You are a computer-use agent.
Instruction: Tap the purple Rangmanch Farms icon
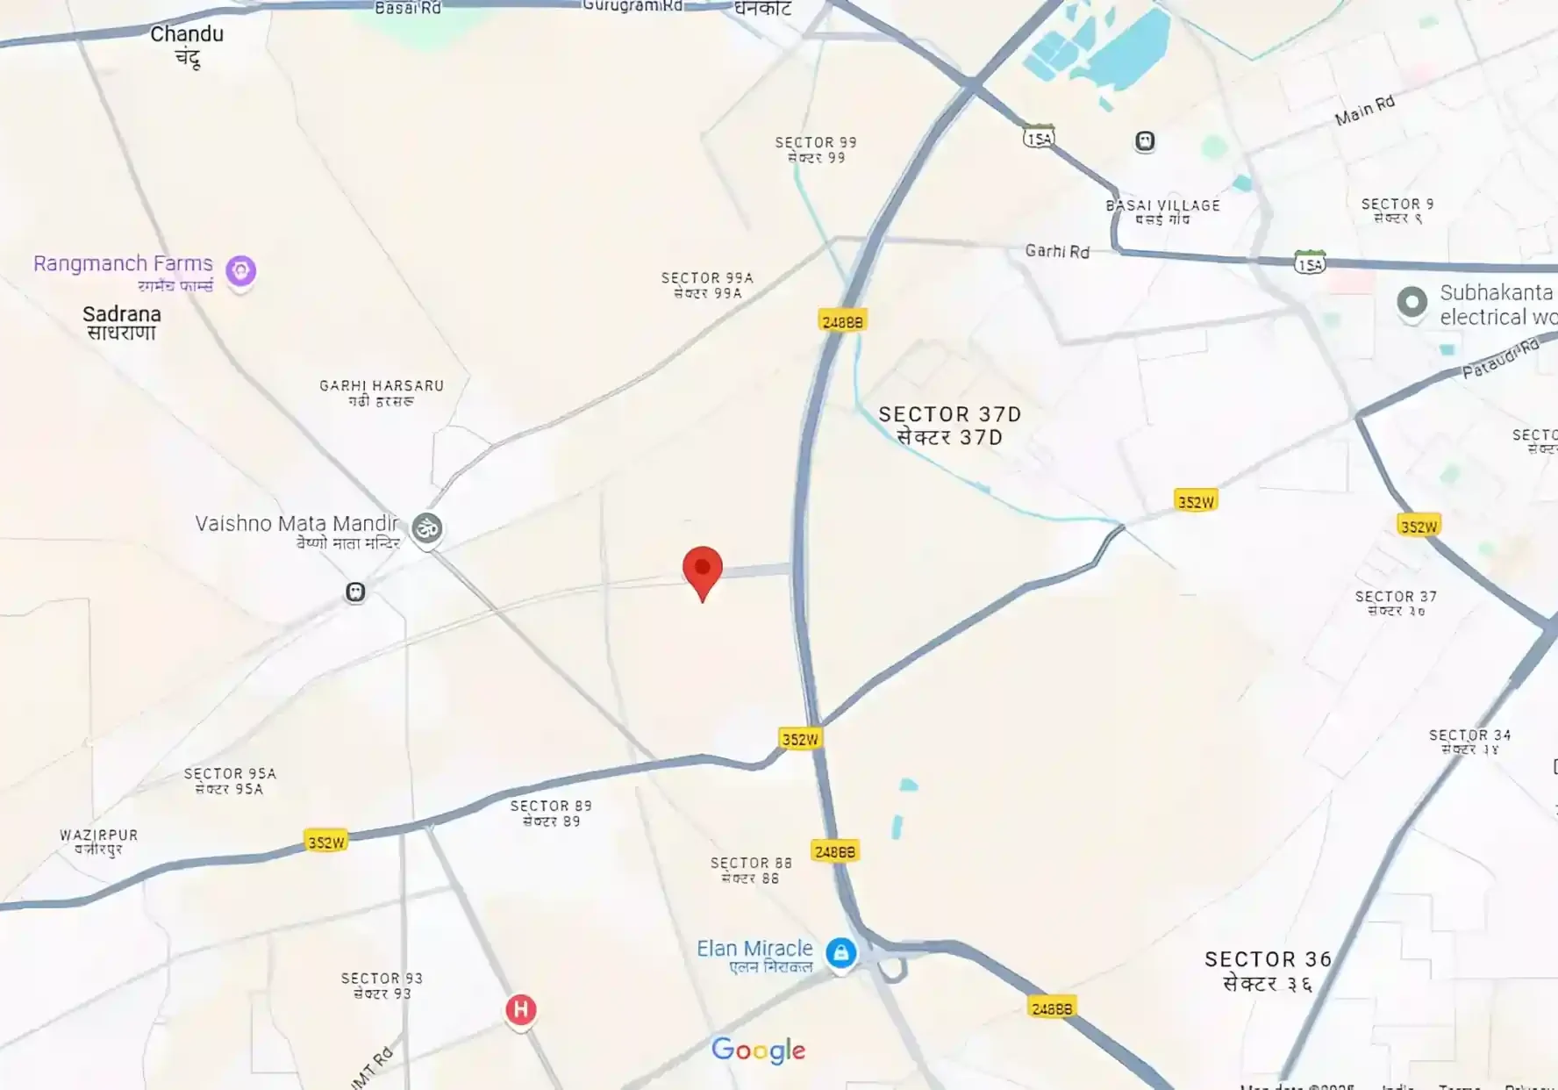240,271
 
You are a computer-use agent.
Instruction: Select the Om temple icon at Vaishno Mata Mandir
427,528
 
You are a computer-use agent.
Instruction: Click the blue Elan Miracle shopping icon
840,952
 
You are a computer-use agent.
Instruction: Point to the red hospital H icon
520,1010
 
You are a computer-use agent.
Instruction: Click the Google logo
758,1050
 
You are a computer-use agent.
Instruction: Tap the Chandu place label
187,35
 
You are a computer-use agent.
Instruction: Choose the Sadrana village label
122,314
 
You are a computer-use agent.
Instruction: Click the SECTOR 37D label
949,414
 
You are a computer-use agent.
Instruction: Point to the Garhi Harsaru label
382,386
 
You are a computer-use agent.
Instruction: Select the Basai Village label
1162,206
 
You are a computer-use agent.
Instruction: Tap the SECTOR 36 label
1268,960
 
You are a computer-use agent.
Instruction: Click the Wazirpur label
98,835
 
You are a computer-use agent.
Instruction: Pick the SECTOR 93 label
382,979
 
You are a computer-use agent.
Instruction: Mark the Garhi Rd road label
1057,252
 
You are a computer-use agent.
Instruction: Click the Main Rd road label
1364,111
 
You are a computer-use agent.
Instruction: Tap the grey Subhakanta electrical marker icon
1411,303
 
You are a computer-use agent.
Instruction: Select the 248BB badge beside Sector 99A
842,322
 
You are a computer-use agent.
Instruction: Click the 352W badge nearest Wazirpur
326,843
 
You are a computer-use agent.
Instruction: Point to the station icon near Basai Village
1145,141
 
